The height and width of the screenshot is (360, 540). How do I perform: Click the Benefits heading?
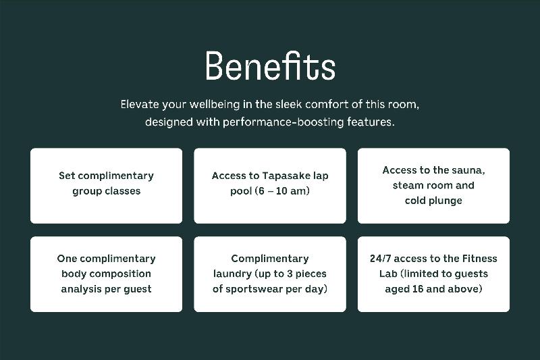point(270,66)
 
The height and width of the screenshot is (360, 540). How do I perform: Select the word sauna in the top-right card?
point(468,170)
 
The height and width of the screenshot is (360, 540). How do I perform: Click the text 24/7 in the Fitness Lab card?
point(380,259)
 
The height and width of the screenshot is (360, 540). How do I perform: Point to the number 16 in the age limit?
point(417,288)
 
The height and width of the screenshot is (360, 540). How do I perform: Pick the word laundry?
point(232,274)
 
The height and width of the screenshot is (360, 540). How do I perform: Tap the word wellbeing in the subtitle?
point(215,105)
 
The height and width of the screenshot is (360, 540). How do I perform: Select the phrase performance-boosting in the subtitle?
point(283,122)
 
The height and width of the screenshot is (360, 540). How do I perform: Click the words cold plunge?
point(433,201)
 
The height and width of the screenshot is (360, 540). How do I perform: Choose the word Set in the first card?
point(67,176)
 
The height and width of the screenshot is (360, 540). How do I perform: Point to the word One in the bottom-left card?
point(67,259)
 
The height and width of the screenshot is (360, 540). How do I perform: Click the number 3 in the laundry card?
point(290,274)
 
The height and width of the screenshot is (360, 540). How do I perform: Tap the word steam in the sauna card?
point(406,185)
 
